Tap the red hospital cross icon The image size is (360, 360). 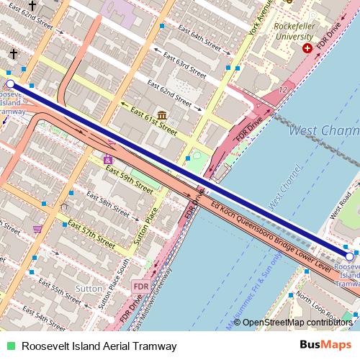pyautogui.click(x=308, y=48)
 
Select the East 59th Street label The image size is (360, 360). pyautogui.click(x=130, y=179)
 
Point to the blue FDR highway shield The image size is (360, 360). pyautogui.click(x=141, y=287)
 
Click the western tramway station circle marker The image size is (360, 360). pyautogui.click(x=10, y=84)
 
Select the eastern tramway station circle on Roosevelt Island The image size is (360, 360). pyautogui.click(x=350, y=256)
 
